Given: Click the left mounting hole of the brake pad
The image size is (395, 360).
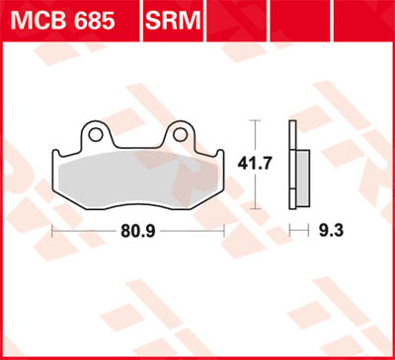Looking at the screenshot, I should tap(95, 132).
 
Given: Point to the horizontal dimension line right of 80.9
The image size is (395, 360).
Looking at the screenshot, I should tap(193, 234).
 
